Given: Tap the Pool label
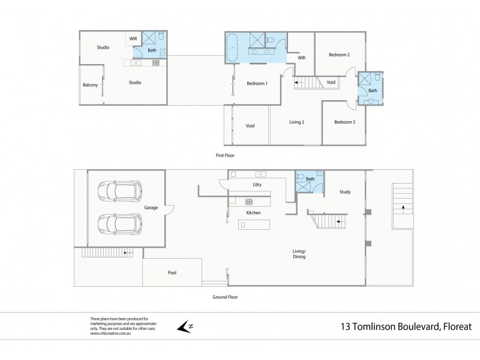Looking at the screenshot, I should (x=172, y=273).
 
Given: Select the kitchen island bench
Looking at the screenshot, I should (x=254, y=224).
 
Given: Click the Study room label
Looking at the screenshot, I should (x=344, y=192).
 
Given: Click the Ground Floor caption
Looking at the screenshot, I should (x=225, y=296).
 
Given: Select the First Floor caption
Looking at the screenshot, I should (x=225, y=155).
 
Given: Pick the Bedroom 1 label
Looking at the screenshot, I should (x=257, y=83).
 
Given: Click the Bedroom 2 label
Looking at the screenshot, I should (x=339, y=55).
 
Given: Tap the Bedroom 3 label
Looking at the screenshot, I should (x=345, y=122).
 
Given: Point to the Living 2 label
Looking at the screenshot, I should (x=296, y=122).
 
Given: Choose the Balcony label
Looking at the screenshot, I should (x=90, y=85).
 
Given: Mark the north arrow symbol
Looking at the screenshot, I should (x=184, y=326).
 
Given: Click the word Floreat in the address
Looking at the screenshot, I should (x=456, y=326).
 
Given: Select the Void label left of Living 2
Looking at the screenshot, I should (x=250, y=126).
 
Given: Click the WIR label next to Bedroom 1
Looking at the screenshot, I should (x=302, y=58).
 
